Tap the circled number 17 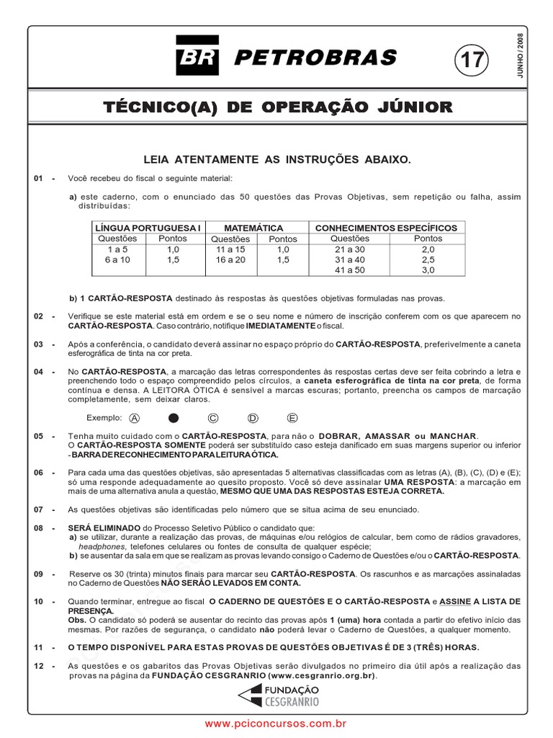click(x=471, y=60)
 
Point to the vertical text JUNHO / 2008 click(x=521, y=56)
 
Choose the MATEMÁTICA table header click(x=253, y=228)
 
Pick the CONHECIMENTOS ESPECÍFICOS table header click(x=386, y=228)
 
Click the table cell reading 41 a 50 click(x=350, y=270)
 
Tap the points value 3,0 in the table click(x=428, y=270)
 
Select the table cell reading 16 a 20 click(x=230, y=259)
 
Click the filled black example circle click(x=173, y=418)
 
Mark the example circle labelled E click(x=292, y=418)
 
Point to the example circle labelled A click(x=135, y=418)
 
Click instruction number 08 click(x=39, y=528)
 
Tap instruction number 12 click(x=39, y=666)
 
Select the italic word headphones click(x=90, y=546)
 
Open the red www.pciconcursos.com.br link click(x=276, y=723)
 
